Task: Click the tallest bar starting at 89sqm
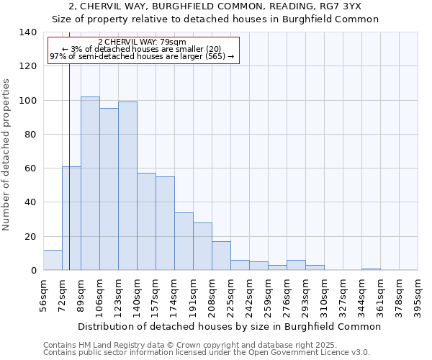90,184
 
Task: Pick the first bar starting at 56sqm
53,260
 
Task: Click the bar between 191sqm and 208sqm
202,246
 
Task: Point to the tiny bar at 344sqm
371,269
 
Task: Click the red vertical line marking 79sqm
69,144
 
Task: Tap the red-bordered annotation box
143,49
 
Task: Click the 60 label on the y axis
31,168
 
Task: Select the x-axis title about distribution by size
229,327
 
